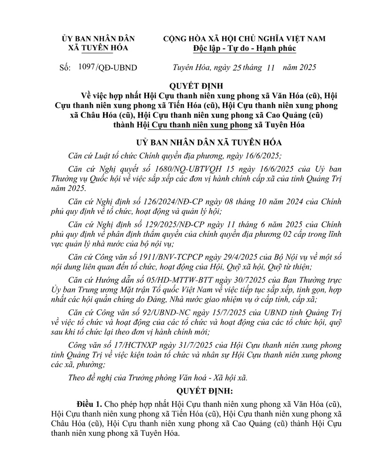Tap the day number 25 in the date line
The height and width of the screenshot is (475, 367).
[x=237, y=68]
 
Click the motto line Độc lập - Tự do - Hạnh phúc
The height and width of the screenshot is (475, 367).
[x=244, y=48]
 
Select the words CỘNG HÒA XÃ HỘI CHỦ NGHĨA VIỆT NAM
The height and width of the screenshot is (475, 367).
[x=244, y=39]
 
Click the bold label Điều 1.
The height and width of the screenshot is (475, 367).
[x=90, y=404]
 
